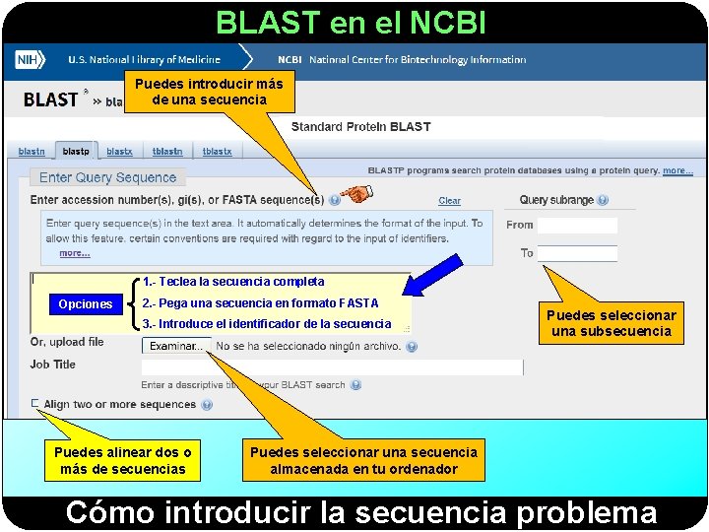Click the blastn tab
(32, 152)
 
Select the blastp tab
(76, 152)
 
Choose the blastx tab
(119, 152)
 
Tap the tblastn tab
(167, 152)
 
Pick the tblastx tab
(217, 152)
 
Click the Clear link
(449, 201)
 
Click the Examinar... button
(176, 346)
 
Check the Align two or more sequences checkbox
(35, 404)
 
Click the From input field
(577, 225)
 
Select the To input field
(577, 253)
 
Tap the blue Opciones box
(85, 303)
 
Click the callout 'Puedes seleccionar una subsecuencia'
(612, 323)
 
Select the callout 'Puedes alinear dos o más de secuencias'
(123, 460)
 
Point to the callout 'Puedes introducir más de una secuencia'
(208, 92)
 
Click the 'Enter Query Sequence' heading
(107, 178)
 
